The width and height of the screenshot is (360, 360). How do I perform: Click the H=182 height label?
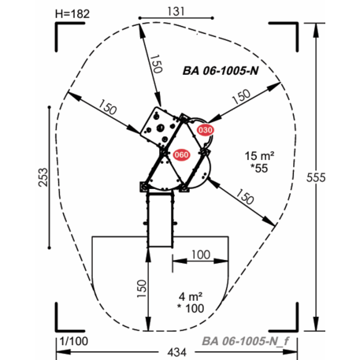72,14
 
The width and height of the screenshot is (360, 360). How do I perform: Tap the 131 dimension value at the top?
176,11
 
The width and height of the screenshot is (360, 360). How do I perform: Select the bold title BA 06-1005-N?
221,71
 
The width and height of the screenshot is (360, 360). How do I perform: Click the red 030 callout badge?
205,130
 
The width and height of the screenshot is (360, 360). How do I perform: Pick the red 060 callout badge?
181,154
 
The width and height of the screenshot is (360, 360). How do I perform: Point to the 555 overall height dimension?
316,178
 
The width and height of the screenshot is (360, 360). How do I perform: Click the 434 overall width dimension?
177,352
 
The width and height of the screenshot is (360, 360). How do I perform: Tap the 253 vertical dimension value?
43,177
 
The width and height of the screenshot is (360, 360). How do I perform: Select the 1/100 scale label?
74,341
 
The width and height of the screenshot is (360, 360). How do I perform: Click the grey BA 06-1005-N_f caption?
245,341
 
